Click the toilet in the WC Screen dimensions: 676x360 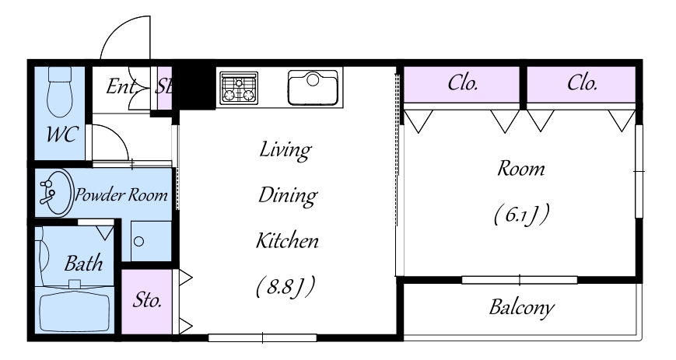tap(59, 92)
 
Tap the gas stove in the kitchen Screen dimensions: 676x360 tap(239, 88)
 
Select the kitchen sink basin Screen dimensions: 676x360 tap(313, 88)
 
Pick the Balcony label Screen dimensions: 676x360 tap(521, 308)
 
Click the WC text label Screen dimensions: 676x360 tap(62, 134)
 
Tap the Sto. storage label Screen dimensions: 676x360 tap(147, 300)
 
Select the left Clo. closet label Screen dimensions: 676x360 tap(463, 82)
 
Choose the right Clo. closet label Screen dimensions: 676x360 tap(582, 82)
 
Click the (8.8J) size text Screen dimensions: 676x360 tap(285, 286)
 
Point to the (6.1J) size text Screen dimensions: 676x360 tap(521, 215)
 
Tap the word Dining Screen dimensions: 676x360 tap(288, 196)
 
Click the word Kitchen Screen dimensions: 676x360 tap(287, 240)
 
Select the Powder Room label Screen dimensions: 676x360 tap(121, 195)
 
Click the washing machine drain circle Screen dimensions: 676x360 tap(138, 242)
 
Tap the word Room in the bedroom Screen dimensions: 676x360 tap(520, 169)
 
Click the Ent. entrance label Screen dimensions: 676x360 tap(122, 86)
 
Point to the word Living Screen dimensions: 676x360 tap(285, 150)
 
